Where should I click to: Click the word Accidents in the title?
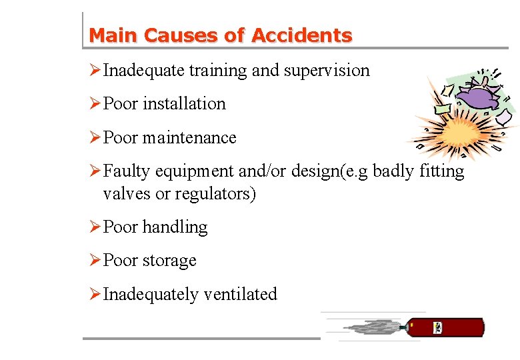pos(301,35)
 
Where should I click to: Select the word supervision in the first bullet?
pos(327,70)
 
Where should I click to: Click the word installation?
pos(184,103)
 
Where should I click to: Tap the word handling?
pos(175,227)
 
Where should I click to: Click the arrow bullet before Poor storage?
pos(95,260)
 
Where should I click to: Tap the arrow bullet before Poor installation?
pos(95,103)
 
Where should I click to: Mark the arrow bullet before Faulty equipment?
pos(95,171)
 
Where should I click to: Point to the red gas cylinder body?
pos(460,327)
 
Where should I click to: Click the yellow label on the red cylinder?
pos(438,327)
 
